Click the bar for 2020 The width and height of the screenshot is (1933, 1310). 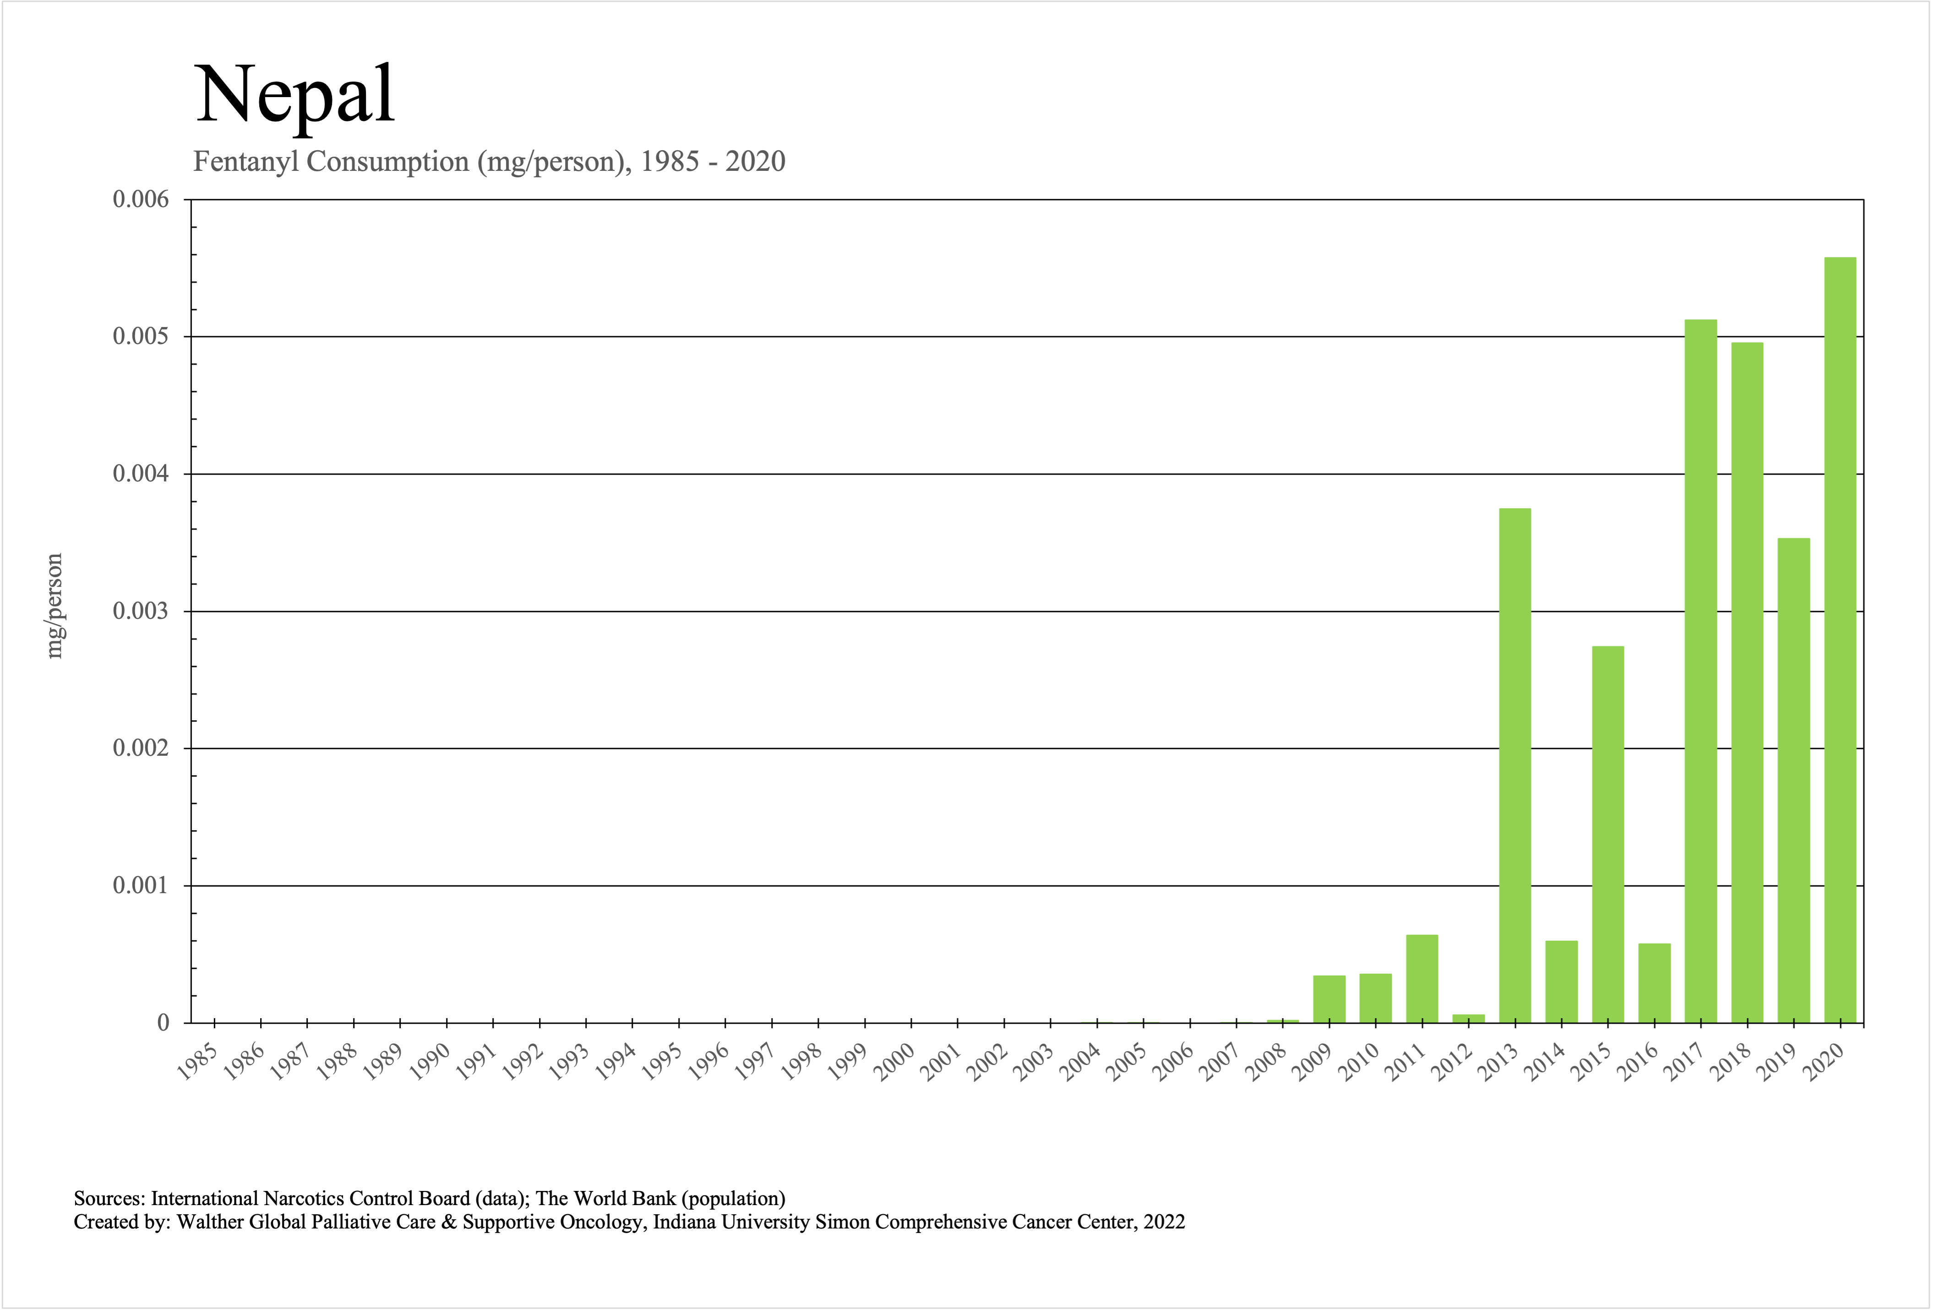pos(1840,640)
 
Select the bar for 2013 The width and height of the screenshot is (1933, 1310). pos(1514,765)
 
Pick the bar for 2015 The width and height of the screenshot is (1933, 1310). pos(1608,834)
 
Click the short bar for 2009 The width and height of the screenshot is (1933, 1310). pos(1329,999)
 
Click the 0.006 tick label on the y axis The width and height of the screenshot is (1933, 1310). pos(141,200)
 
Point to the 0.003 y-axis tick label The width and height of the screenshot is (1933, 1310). pos(141,611)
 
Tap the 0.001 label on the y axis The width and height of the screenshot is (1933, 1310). pos(141,886)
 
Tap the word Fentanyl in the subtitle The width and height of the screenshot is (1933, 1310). pos(246,161)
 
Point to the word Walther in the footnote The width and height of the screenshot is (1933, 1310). pos(211,1222)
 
